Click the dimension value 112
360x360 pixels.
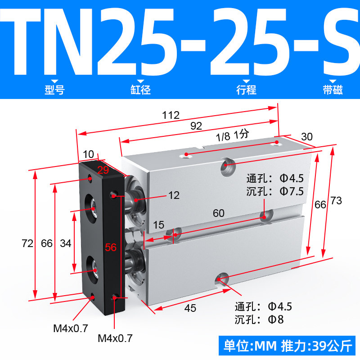(x=171, y=115)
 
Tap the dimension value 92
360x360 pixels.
(x=196, y=126)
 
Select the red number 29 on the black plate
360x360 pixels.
(x=103, y=170)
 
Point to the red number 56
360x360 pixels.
(x=111, y=247)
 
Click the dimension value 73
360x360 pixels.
(x=336, y=201)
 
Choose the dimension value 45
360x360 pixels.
(x=190, y=308)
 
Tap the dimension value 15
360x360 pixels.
(x=159, y=225)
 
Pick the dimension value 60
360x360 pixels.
(x=219, y=213)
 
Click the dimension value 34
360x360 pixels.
(x=65, y=243)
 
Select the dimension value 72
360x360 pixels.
(x=27, y=243)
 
